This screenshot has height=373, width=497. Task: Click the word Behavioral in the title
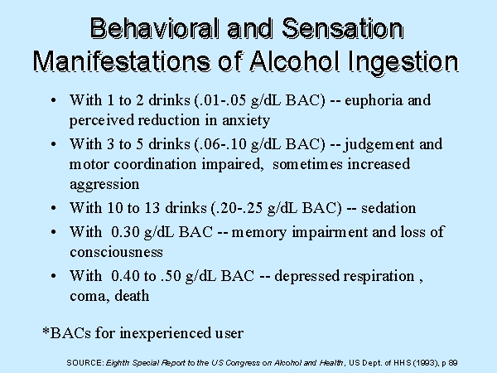click(x=154, y=28)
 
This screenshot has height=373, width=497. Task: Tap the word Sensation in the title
click(x=342, y=28)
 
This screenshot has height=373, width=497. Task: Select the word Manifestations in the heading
click(x=122, y=61)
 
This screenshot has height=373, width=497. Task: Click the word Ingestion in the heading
click(x=403, y=61)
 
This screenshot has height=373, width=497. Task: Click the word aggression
click(x=104, y=185)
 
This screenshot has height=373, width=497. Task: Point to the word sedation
click(x=388, y=208)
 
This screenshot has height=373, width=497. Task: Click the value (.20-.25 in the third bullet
click(x=237, y=208)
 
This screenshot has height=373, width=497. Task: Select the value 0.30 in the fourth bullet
click(x=125, y=232)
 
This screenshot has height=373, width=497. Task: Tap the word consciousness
click(x=116, y=253)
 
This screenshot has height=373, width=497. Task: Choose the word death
click(x=132, y=296)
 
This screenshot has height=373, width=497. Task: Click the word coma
click(x=89, y=297)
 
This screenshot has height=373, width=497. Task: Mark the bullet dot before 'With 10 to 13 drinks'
click(x=53, y=208)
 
